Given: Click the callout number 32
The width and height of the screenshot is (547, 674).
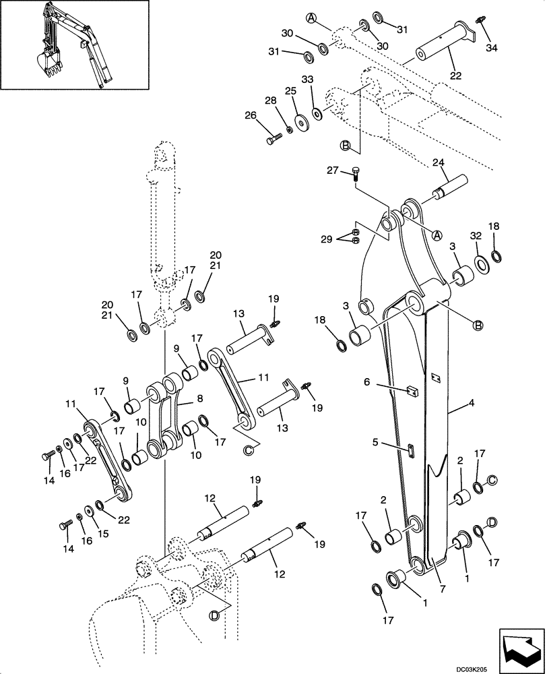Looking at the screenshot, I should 476,236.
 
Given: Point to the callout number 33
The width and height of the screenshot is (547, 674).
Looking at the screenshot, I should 308,80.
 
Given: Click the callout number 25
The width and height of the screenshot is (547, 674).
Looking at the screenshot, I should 290,90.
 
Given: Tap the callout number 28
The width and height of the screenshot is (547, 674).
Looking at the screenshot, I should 271,100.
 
